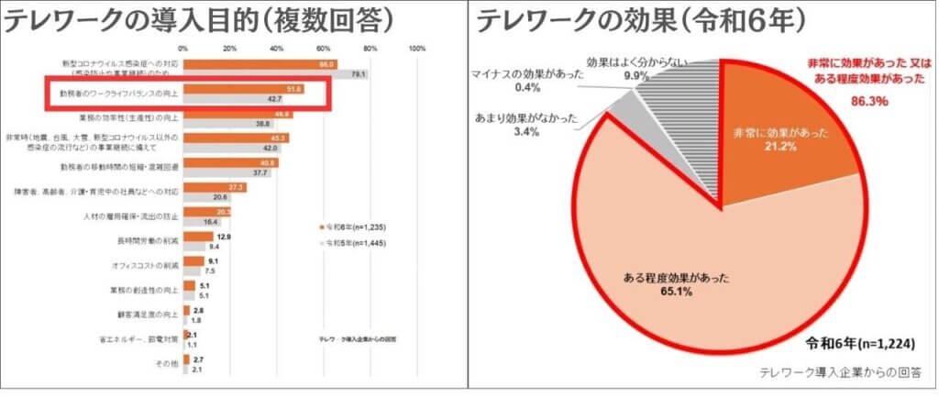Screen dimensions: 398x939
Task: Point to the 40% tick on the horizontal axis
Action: (x=277, y=49)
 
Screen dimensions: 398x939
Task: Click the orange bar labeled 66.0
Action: (x=260, y=64)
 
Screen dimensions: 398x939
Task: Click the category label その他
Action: (x=167, y=365)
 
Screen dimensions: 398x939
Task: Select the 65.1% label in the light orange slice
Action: (x=653, y=291)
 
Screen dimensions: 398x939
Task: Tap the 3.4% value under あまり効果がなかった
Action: (x=525, y=132)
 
